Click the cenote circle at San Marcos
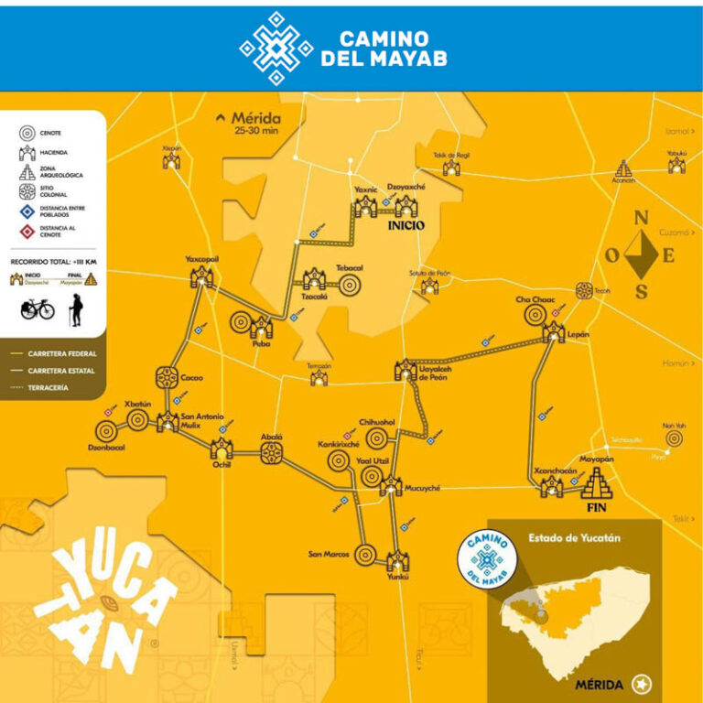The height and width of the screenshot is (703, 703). pyautogui.click(x=364, y=554)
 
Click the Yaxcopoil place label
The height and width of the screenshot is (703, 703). pyautogui.click(x=201, y=259)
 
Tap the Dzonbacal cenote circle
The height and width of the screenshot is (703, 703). pyautogui.click(x=104, y=430)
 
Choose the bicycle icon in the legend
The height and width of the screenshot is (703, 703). pyautogui.click(x=38, y=309)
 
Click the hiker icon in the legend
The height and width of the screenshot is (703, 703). pyautogui.click(x=72, y=309)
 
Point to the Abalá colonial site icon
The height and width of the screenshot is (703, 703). pyautogui.click(x=273, y=455)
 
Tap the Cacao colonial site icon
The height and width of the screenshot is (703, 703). pyautogui.click(x=167, y=377)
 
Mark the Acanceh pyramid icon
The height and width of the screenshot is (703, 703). pyautogui.click(x=624, y=168)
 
